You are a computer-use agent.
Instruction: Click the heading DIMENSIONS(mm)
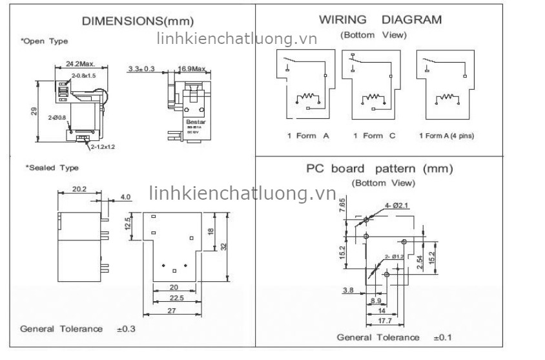137,21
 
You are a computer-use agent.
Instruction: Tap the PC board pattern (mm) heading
379,169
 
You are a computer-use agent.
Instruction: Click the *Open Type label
45,41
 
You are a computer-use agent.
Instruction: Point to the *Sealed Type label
52,168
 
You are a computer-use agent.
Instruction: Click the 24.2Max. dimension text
81,64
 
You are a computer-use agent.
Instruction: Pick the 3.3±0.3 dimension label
141,68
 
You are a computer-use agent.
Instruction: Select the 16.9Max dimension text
191,68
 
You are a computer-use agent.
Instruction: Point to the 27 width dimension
172,311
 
